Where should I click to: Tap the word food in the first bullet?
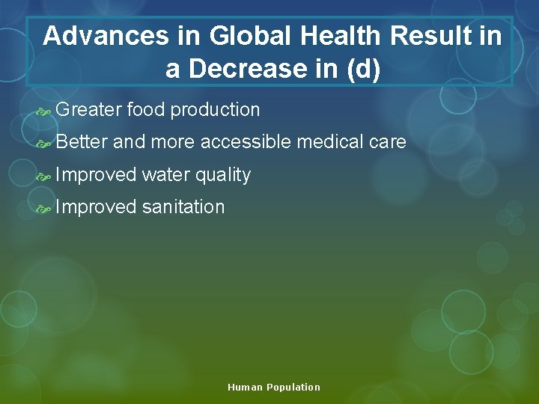146,110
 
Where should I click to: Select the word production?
215,111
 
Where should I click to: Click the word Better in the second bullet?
82,142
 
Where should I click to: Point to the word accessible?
245,142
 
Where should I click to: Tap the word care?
389,142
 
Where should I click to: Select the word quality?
223,176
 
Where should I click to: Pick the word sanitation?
183,207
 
